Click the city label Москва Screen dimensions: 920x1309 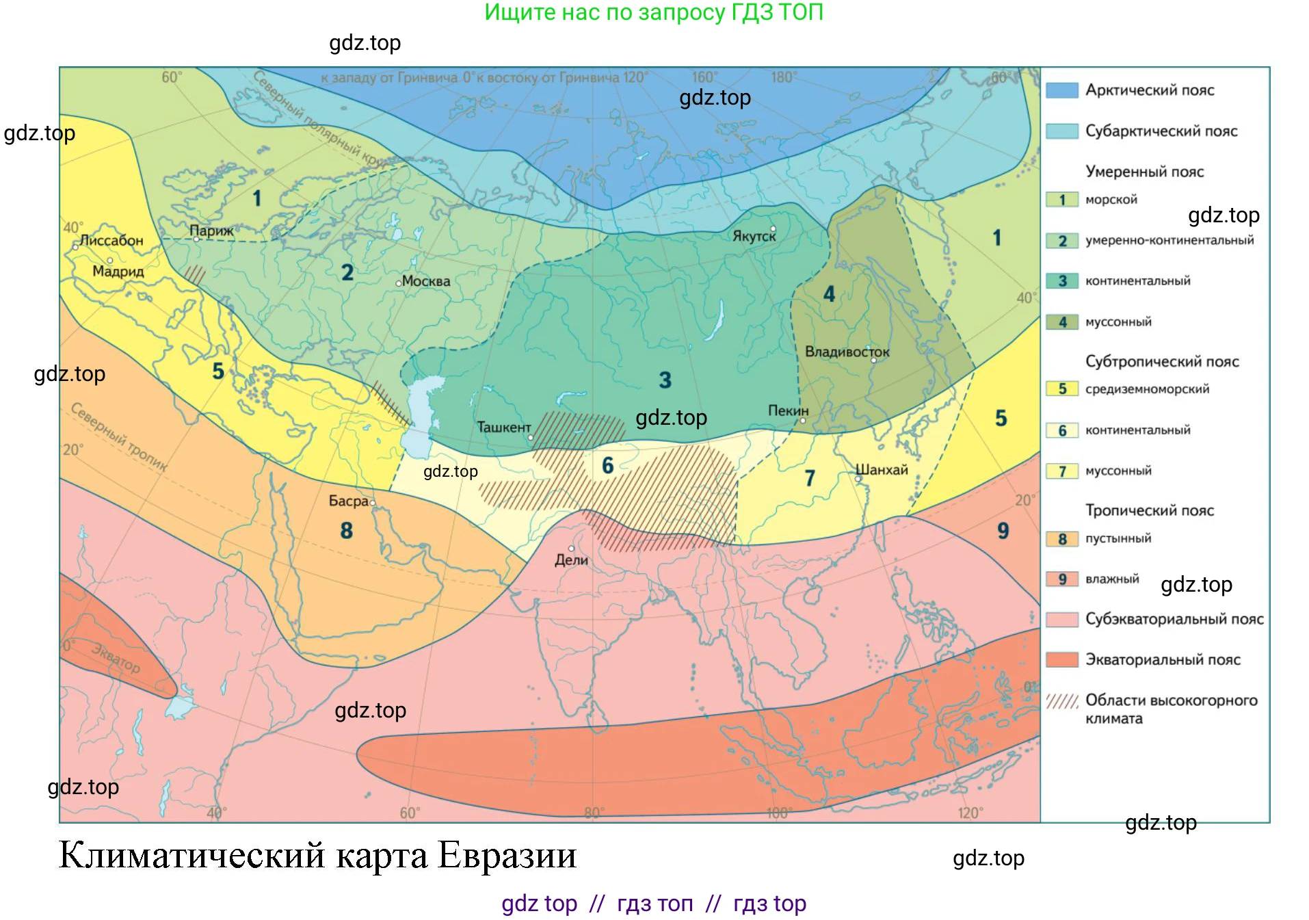(425, 281)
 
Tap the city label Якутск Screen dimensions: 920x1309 (754, 236)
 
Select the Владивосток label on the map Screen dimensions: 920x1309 (847, 352)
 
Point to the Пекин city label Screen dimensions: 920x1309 (788, 410)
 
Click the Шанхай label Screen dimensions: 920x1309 (882, 470)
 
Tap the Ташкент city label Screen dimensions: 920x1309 (503, 427)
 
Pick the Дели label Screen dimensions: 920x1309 (571, 560)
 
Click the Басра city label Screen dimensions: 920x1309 (348, 501)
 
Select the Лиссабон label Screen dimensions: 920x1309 (111, 240)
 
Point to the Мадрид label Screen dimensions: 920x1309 (118, 271)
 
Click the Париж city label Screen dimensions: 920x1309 (211, 231)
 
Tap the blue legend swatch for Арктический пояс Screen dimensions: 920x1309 (1061, 90)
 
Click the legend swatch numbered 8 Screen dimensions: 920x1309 (1061, 539)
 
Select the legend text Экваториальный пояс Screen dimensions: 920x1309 (1163, 659)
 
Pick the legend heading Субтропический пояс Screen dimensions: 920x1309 (1162, 361)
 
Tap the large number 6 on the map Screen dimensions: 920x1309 (607, 466)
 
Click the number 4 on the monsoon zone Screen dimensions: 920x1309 (829, 294)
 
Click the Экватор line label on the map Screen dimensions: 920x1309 (116, 658)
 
